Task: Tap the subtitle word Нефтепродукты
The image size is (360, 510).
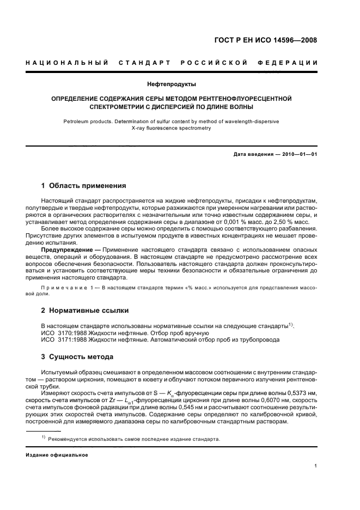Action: [x=172, y=84]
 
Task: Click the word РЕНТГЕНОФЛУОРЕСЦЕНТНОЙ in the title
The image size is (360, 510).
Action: [x=240, y=99]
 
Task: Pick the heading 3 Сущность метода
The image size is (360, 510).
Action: [x=78, y=357]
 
